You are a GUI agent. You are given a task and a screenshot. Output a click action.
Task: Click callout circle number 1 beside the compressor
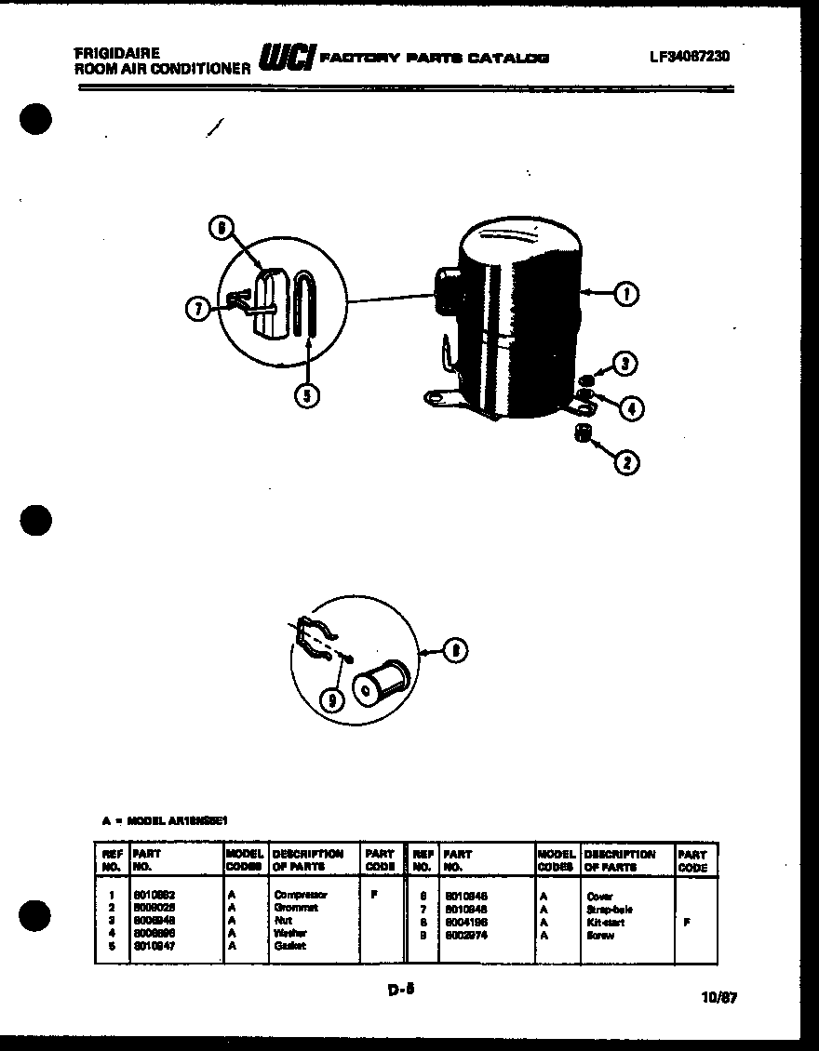(x=626, y=295)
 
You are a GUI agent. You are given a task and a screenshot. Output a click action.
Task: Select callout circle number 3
(x=627, y=364)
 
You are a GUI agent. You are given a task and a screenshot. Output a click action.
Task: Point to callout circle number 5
(x=306, y=396)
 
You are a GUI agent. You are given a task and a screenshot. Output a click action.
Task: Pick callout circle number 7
(x=196, y=310)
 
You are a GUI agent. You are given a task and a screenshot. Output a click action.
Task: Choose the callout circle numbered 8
(x=453, y=652)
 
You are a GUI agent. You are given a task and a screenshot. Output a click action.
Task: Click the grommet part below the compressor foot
(x=584, y=433)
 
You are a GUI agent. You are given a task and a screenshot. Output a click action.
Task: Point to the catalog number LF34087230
(x=689, y=56)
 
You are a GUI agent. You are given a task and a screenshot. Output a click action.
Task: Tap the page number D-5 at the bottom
(x=401, y=990)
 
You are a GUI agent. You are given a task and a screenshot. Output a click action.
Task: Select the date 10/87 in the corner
(x=718, y=998)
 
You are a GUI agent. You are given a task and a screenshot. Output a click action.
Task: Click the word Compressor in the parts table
(x=301, y=895)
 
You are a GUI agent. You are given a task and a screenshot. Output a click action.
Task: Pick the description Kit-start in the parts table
(x=606, y=922)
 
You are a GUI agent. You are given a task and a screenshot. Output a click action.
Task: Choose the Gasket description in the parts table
(x=290, y=946)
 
